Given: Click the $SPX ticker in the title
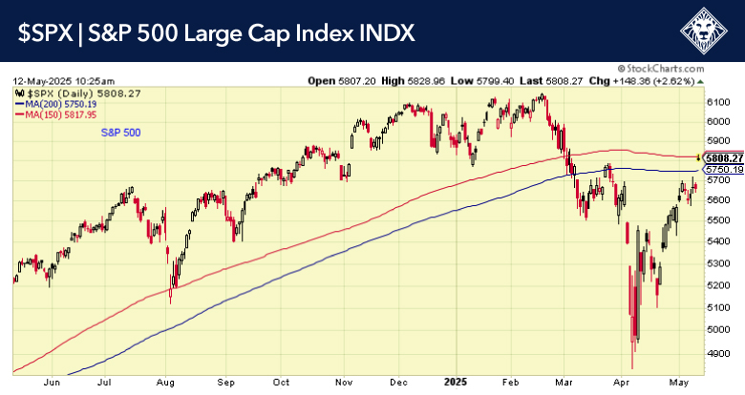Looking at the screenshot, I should (45, 33).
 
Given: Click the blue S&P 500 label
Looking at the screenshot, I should (121, 133).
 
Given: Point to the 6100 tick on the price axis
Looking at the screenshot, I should (719, 101).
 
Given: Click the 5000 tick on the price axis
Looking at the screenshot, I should (719, 330).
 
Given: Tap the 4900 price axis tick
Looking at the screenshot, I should (719, 353).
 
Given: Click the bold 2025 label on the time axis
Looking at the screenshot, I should (452, 381).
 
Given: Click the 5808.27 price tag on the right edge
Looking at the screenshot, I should (725, 157).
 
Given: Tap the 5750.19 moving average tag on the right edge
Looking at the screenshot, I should (725, 170).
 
